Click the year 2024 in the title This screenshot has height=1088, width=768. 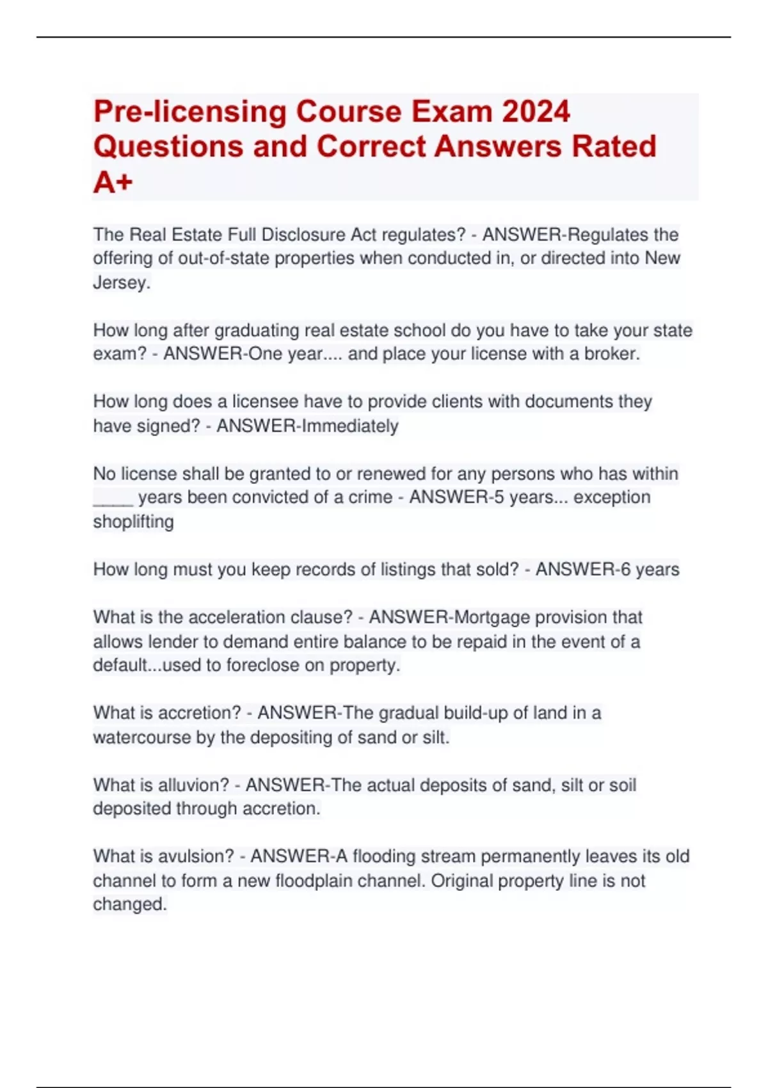(x=536, y=111)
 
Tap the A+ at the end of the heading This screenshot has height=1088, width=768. (x=113, y=182)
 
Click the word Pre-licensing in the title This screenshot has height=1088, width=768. (x=189, y=111)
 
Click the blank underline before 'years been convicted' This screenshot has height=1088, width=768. (x=113, y=498)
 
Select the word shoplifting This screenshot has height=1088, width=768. (x=133, y=522)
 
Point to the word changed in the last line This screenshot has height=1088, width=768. (x=129, y=904)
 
